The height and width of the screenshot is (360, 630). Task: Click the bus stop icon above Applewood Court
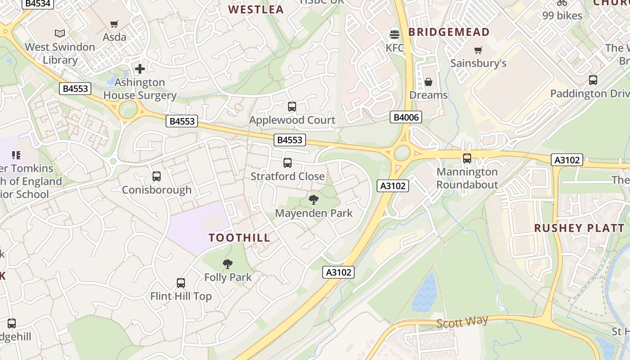point(292,107)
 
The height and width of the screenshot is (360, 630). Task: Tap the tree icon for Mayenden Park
point(314,200)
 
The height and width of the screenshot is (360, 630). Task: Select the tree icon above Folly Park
point(228,264)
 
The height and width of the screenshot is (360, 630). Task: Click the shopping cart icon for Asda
point(114,24)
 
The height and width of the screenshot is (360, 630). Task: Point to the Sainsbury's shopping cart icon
point(478,50)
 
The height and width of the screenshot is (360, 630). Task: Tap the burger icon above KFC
point(395,34)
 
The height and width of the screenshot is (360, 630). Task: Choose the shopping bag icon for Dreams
point(428,82)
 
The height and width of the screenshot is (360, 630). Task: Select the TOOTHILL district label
point(239,238)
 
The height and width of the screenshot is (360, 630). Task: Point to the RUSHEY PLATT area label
point(579,228)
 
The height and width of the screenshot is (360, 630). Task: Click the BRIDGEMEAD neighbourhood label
point(449,32)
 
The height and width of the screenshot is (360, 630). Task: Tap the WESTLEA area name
point(256,9)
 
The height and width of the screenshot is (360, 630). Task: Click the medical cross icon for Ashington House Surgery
point(140,69)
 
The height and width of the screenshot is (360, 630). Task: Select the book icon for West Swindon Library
point(59,33)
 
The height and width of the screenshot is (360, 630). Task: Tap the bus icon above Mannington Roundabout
point(467,158)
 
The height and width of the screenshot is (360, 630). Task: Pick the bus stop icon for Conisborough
point(157,176)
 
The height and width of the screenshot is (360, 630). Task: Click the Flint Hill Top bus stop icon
point(180,283)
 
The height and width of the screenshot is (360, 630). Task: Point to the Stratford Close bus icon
point(288,163)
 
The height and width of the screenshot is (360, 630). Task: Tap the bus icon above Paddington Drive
point(593,80)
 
